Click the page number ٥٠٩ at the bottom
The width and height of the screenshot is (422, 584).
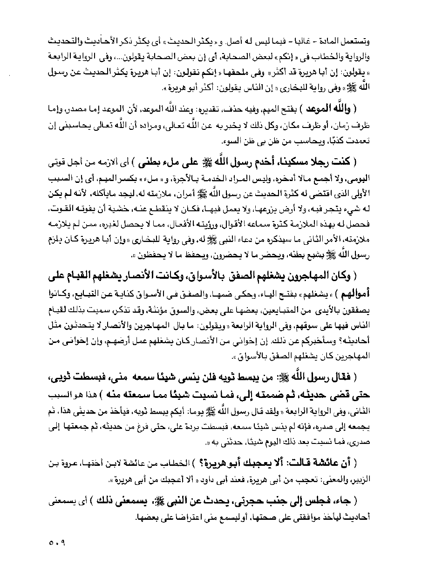(x=57, y=542)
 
